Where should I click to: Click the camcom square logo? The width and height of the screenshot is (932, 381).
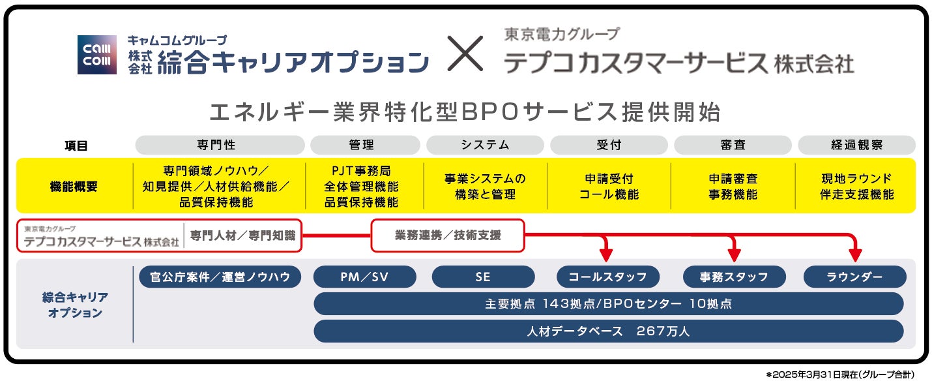click(x=97, y=55)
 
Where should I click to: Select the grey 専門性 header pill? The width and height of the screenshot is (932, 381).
click(x=220, y=145)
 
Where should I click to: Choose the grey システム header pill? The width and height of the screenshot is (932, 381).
click(x=485, y=145)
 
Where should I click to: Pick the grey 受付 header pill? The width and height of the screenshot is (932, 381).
click(x=609, y=145)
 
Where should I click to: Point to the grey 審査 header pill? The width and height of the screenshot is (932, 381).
click(x=733, y=145)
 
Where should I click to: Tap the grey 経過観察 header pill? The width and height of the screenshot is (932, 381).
click(x=856, y=145)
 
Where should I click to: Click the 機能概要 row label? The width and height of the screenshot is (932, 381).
click(x=74, y=186)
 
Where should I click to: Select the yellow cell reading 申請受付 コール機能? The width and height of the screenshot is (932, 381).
click(x=609, y=186)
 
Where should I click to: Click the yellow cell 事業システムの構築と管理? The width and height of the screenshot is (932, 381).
click(x=485, y=186)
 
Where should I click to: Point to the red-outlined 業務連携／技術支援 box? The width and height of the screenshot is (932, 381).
click(x=448, y=236)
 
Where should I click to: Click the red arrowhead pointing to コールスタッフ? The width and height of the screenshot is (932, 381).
click(x=606, y=253)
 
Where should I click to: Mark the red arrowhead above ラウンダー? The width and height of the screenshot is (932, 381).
click(x=855, y=253)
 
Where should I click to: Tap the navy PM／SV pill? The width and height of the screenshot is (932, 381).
click(x=364, y=277)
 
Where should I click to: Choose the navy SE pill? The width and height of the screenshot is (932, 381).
click(x=483, y=277)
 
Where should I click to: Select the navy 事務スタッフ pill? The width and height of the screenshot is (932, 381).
click(x=734, y=277)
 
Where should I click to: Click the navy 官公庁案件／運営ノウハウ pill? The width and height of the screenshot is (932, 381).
click(x=220, y=277)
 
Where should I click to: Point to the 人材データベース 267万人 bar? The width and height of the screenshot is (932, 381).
click(x=608, y=331)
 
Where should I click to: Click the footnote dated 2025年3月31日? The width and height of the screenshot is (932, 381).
click(x=841, y=374)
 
